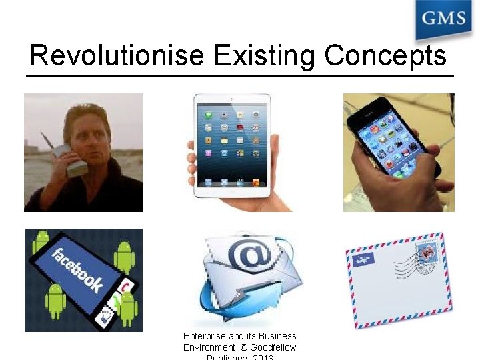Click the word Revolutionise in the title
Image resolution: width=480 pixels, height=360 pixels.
pyautogui.click(x=116, y=55)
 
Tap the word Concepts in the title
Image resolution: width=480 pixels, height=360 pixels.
pyautogui.click(x=385, y=55)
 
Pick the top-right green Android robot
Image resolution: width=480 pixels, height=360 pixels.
pyautogui.click(x=124, y=253)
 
